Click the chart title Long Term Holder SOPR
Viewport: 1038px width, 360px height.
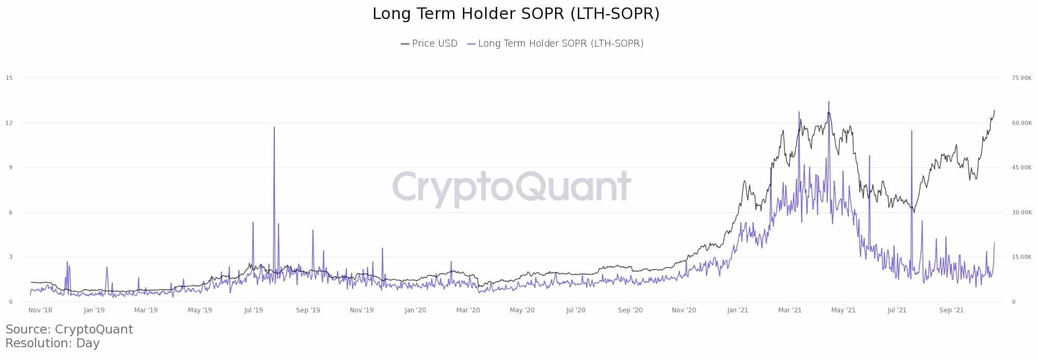tap(516, 14)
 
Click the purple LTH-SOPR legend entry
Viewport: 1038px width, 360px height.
tap(556, 43)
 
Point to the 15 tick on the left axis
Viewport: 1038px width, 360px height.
tap(9, 78)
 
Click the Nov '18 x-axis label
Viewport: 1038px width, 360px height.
tap(40, 310)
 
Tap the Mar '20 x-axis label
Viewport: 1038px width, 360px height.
tap(468, 310)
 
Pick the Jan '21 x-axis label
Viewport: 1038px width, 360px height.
tap(737, 310)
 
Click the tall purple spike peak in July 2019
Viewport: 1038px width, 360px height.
tap(274, 128)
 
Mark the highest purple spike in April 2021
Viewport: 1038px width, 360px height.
tap(829, 102)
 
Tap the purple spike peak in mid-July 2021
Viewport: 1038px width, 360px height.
tap(911, 131)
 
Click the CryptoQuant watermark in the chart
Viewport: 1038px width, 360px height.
tap(511, 186)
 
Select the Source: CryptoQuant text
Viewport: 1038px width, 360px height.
tap(69, 329)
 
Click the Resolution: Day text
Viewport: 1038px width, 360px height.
tap(52, 343)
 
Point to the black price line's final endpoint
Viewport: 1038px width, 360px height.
tap(994, 110)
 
